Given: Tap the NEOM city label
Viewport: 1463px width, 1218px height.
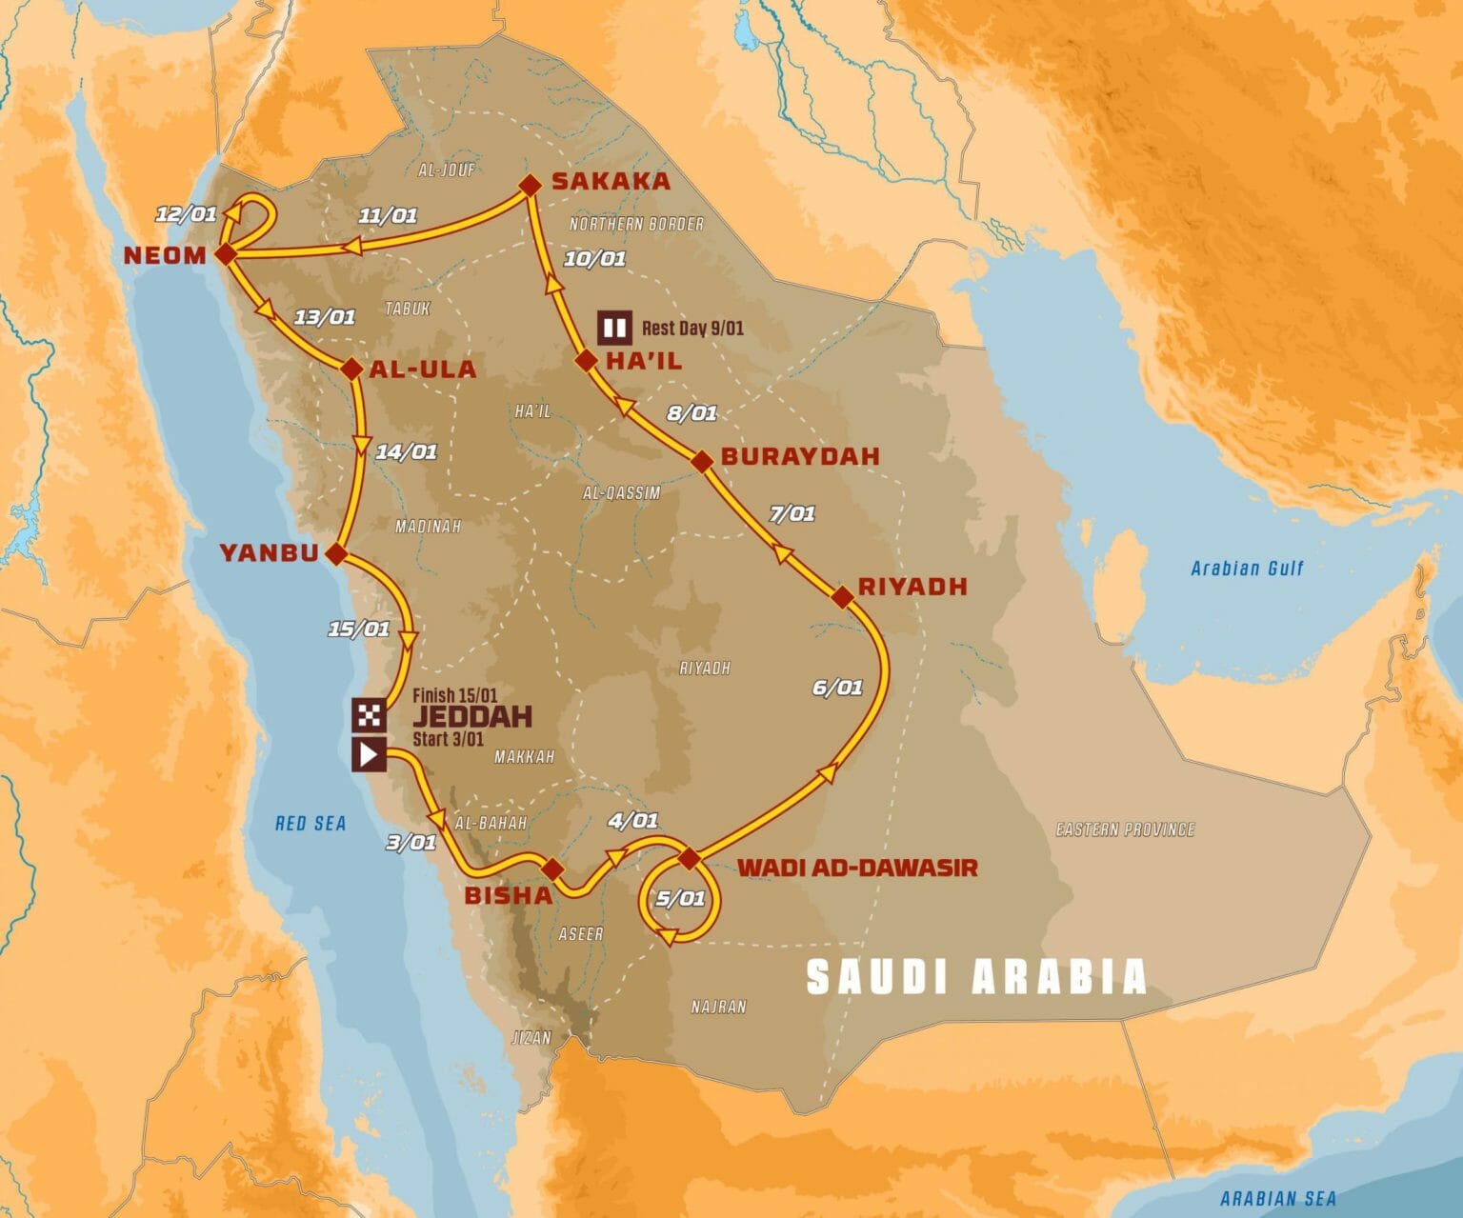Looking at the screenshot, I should click(164, 254).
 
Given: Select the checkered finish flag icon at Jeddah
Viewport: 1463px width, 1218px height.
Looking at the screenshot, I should click(370, 714).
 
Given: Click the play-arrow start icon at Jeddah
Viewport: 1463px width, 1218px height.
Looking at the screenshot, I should click(370, 755).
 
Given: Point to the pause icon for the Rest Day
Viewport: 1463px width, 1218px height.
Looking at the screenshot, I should click(614, 329).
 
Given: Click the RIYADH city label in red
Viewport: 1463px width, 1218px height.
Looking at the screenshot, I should click(912, 586).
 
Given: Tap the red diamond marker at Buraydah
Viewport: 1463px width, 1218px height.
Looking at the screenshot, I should click(702, 462).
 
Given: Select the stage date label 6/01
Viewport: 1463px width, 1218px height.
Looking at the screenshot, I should click(837, 688).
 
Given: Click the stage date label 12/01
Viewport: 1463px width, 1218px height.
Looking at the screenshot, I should click(186, 213).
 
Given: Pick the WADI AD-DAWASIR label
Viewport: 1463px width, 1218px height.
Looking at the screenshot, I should click(857, 868).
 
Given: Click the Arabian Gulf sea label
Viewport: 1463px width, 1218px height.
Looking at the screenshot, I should click(1247, 569).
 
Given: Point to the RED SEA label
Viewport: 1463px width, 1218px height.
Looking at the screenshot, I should click(311, 824).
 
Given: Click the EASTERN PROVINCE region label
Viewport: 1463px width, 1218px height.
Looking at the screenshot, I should click(1125, 829).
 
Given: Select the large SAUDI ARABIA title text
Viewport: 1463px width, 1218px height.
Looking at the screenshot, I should click(976, 977).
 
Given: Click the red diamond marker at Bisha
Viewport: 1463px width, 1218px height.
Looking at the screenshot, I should click(551, 869).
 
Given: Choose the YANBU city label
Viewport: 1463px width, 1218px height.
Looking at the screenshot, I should click(269, 552).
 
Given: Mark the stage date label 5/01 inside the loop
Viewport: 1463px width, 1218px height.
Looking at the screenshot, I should click(680, 898).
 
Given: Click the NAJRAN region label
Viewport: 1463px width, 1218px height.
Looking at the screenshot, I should click(719, 1007).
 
